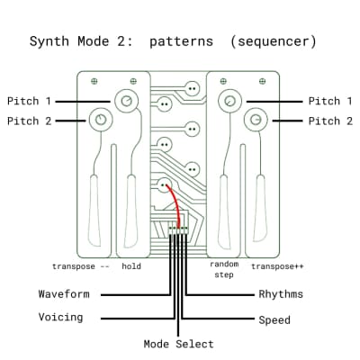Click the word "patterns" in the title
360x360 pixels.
183,41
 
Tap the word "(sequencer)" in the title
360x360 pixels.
274,41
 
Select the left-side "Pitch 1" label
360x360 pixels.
29,101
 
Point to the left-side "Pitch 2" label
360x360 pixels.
29,121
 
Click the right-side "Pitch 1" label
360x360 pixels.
330,101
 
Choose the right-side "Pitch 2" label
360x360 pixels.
330,121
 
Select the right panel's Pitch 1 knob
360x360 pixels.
232,101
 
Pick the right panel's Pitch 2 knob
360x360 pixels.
256,119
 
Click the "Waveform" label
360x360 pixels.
64,294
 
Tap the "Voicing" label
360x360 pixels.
60,317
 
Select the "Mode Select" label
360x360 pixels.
179,344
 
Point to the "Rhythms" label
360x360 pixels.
281,294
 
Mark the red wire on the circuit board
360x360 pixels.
175,207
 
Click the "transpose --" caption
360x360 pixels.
80,266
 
